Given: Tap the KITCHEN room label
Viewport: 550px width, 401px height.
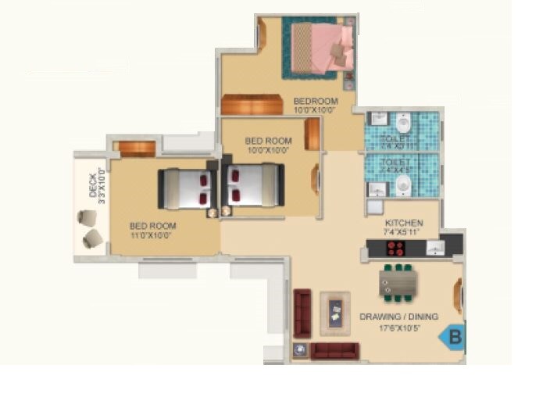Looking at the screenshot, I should tap(404, 223).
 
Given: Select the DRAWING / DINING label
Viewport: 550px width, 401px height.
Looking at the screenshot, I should tap(398, 317).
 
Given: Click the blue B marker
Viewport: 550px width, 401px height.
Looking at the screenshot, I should tap(452, 338).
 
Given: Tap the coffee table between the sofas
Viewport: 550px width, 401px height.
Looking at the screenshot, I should tap(336, 313).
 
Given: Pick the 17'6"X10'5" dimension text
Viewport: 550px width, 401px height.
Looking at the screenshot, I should tap(399, 328).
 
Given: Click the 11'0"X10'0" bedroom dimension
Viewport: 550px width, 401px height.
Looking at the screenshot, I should tap(150, 235).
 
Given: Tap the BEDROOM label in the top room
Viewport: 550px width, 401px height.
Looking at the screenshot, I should tap(316, 101).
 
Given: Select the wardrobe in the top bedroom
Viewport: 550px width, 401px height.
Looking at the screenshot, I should tap(252, 105).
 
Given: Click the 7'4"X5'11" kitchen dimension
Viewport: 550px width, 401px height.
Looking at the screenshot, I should tap(404, 233).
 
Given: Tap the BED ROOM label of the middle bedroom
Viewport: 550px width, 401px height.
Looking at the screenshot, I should tap(268, 141).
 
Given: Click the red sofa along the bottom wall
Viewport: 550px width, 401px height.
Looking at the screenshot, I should tap(334, 350).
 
